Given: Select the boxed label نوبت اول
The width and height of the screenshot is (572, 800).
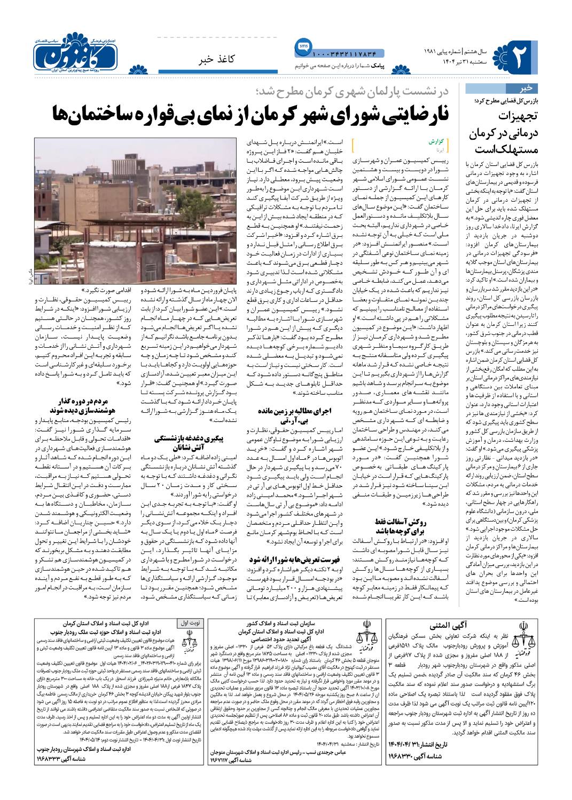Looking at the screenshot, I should coord(189,623).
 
